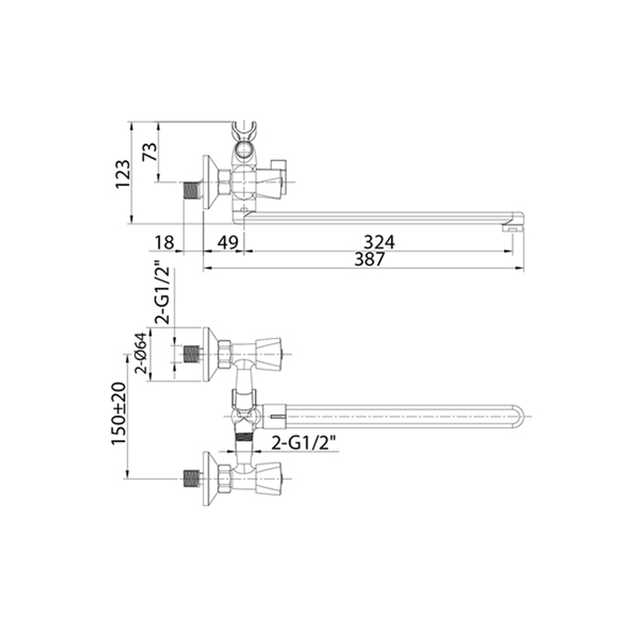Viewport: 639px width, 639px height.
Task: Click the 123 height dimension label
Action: (123, 174)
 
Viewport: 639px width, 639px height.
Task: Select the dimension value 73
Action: (150, 151)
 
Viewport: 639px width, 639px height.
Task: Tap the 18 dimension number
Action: (164, 243)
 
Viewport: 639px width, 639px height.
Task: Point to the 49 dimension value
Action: (227, 243)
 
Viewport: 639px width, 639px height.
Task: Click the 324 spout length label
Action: (379, 242)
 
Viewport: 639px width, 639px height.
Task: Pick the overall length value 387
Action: (369, 259)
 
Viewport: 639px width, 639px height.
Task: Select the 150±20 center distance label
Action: (120, 413)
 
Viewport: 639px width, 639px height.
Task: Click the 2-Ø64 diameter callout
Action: (141, 353)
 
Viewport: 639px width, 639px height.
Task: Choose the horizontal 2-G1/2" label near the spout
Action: (304, 443)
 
